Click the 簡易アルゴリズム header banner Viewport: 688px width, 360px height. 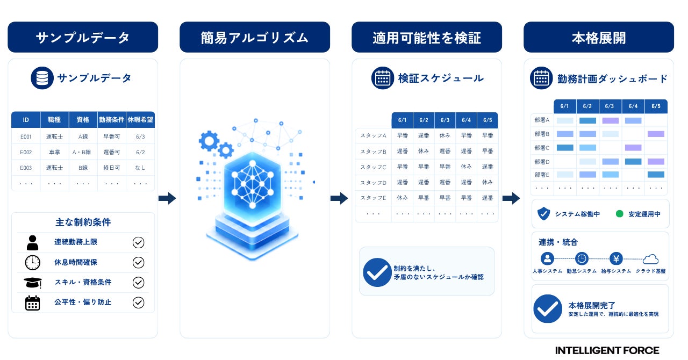[255, 37]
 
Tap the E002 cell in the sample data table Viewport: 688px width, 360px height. [26, 152]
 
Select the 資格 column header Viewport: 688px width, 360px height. [83, 119]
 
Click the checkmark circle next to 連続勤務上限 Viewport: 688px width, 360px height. [138, 242]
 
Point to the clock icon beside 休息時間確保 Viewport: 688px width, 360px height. [33, 263]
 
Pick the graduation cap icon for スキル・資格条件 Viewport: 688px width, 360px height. [33, 283]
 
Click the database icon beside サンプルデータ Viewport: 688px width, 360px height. [42, 78]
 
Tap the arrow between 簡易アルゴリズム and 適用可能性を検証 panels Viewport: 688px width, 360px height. [339, 198]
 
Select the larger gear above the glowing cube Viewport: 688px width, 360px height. [209, 141]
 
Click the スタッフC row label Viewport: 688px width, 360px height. [373, 167]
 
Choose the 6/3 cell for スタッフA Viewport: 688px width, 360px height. [445, 135]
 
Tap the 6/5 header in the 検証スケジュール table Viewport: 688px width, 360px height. [488, 120]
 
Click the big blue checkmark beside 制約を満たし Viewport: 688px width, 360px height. [377, 272]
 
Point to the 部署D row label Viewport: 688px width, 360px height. [542, 162]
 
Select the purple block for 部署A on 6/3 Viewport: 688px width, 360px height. [610, 120]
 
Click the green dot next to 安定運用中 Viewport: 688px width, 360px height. [620, 214]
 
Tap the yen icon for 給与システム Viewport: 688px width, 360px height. [616, 258]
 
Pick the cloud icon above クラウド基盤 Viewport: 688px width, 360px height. [650, 259]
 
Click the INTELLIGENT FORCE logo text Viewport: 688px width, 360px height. [607, 350]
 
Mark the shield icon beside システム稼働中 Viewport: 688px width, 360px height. [543, 213]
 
